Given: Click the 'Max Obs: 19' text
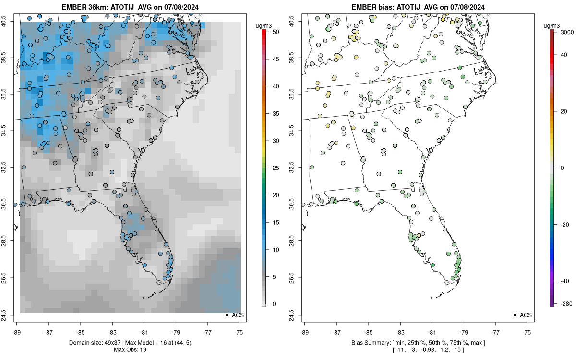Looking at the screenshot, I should coord(130,349).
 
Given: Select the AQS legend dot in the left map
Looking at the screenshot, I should coord(226,315).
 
